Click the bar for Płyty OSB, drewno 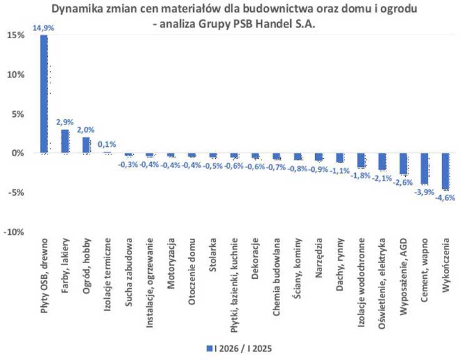click(44, 94)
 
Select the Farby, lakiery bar click(65, 141)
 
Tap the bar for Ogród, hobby click(86, 145)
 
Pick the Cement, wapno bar click(425, 168)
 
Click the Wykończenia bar click(446, 171)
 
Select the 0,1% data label click(108, 144)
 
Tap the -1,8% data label click(360, 176)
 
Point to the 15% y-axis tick click(16, 36)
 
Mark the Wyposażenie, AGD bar click(403, 164)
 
